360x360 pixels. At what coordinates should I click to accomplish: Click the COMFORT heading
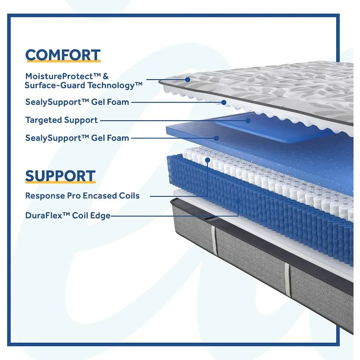point(63,55)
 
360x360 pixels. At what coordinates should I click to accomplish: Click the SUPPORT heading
point(60,176)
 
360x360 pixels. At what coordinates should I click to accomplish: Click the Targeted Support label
point(62,120)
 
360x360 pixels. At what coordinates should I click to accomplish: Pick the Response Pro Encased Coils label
point(82,196)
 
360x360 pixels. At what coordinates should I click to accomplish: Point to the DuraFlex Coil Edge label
point(68,216)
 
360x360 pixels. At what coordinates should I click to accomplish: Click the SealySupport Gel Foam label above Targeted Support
point(77,102)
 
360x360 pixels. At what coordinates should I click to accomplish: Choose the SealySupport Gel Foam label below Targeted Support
point(77,138)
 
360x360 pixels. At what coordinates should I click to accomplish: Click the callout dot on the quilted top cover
point(188,80)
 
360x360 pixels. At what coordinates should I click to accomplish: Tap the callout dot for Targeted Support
point(248,120)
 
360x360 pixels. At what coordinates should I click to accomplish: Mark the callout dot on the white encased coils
point(208,160)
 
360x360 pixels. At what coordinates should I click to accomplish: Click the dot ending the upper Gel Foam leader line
point(224,102)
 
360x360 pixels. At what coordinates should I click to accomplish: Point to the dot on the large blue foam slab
point(216,138)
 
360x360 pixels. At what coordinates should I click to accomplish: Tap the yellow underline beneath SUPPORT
point(60,182)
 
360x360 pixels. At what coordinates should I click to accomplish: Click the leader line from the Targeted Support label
point(173,120)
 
